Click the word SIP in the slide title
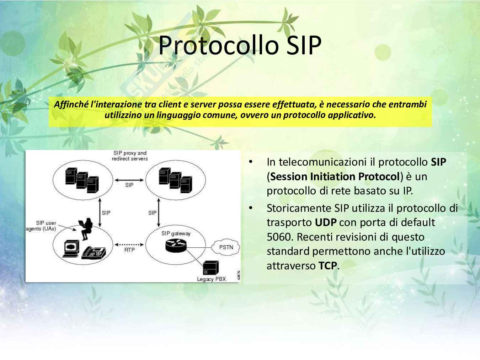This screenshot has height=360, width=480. tap(304, 45)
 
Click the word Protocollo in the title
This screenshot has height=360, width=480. tap(219, 45)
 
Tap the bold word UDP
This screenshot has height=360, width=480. tap(326, 222)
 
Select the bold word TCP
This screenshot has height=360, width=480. tap(327, 266)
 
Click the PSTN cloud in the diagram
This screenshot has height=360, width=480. tap(225, 247)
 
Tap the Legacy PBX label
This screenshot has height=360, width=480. tap(211, 279)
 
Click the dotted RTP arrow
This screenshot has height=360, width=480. tap(129, 245)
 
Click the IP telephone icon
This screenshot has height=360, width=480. tap(94, 253)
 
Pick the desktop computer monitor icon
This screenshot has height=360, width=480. tap(71, 248)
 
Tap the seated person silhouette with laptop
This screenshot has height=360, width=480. tap(86, 229)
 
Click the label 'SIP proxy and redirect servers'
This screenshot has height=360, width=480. tap(130, 156)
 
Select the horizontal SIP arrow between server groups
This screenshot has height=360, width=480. tap(129, 180)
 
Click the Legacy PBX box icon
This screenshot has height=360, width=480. tap(211, 268)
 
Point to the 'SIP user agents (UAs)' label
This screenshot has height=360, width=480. tap(41, 226)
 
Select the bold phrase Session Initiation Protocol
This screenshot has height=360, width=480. tap(335, 177)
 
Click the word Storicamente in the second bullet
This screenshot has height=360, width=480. tap(299, 208)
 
